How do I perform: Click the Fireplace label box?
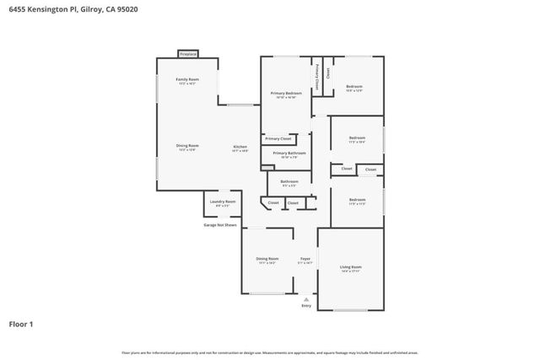[x=187, y=54]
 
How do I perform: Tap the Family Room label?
[x=186, y=80]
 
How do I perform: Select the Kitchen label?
[x=240, y=148]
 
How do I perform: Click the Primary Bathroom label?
[x=283, y=153]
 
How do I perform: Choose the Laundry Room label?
[x=224, y=202]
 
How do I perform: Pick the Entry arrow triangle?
[x=306, y=298]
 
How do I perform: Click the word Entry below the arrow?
[x=306, y=305]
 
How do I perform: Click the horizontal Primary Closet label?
[x=278, y=138]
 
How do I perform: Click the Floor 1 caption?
[x=21, y=324]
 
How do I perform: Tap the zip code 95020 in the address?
[x=127, y=8]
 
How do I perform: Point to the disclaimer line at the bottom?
[x=270, y=352]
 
